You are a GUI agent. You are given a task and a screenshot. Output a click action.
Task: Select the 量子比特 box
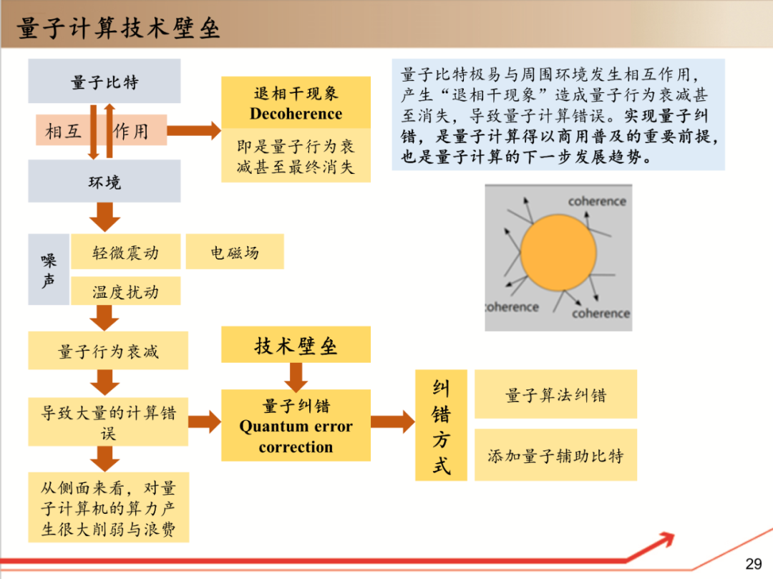tap(104, 82)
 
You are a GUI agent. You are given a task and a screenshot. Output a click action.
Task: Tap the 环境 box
tap(104, 182)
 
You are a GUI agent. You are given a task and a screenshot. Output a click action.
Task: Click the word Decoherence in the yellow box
tap(296, 114)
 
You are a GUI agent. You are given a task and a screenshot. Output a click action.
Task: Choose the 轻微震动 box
tap(125, 252)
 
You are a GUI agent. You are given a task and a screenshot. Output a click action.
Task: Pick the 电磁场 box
tap(235, 252)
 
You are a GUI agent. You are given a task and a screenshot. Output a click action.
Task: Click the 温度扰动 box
tap(125, 291)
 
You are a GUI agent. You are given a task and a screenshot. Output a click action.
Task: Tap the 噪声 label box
tap(49, 270)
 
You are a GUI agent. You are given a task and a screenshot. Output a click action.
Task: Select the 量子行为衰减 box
tap(108, 351)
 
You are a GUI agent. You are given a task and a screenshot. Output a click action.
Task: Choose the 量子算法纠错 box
tap(555, 394)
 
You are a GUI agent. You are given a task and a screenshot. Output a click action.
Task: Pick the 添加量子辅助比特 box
tap(555, 455)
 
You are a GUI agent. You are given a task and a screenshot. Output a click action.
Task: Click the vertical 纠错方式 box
tap(441, 425)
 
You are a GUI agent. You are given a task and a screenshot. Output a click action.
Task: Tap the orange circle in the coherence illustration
tap(558, 251)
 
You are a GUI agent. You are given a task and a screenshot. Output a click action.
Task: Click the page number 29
tap(754, 564)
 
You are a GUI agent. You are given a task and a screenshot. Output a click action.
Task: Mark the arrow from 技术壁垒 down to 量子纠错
tap(296, 376)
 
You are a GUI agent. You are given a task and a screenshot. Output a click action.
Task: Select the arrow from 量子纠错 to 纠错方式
tap(392, 422)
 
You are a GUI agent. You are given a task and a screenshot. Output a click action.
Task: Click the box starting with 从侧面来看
tap(108, 509)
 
